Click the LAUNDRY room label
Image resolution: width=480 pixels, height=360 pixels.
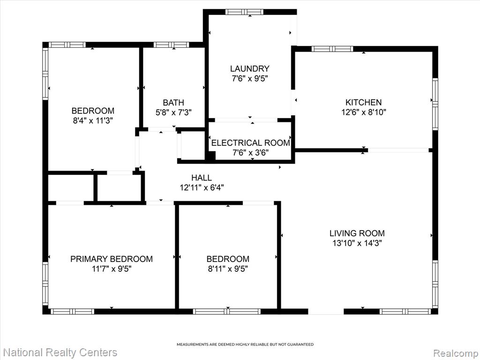coord(250,68)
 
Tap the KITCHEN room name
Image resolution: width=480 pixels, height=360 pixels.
coord(363,102)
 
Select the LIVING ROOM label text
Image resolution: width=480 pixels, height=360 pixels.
coord(357,233)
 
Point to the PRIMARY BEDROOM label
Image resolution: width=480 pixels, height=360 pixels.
coord(112,259)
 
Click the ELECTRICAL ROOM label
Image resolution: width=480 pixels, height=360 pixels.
coord(251,143)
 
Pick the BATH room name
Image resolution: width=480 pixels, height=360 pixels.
coord(173,103)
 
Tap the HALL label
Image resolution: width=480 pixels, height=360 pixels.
coord(202,178)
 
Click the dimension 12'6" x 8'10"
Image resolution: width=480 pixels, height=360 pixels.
coord(364,112)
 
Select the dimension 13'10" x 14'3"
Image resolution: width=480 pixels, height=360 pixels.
coord(357,243)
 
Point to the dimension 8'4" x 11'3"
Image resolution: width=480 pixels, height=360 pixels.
coord(93,120)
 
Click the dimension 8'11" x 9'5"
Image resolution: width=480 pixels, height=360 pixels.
coord(228,269)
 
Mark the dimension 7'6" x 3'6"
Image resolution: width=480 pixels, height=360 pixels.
coord(251,152)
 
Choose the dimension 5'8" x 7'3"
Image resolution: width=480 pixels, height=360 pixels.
coord(173,112)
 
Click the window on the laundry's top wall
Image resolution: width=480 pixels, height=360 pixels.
coord(244,12)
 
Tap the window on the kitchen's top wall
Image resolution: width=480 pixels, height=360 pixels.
coord(332,49)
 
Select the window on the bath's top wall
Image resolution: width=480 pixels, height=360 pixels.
coord(171,45)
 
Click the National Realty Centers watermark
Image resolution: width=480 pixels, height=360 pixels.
coord(60,352)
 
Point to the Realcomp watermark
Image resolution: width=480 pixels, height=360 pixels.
coord(455,353)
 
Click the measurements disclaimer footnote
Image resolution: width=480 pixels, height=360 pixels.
coord(245,345)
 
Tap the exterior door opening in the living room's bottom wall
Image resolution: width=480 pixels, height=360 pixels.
coord(326,312)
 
